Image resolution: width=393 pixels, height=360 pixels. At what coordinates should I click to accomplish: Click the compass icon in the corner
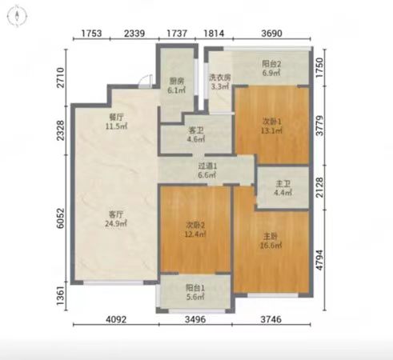click(x=17, y=16)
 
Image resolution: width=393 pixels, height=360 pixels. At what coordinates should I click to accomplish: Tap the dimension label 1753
click(x=91, y=34)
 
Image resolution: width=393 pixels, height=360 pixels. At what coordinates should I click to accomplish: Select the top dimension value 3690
click(x=271, y=34)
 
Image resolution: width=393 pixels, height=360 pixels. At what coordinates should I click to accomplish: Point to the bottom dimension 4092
click(x=116, y=319)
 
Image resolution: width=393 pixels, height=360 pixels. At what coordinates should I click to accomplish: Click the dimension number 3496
click(x=195, y=319)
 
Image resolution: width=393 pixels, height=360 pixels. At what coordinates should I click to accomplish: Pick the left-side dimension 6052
click(x=61, y=218)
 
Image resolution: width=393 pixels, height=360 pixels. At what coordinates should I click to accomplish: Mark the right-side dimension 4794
click(x=319, y=260)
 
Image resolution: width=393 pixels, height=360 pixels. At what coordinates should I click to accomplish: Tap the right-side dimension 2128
click(x=319, y=187)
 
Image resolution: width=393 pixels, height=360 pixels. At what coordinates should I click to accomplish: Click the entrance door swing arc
click(x=145, y=78)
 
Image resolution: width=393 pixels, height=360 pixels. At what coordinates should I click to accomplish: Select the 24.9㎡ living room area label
click(x=116, y=223)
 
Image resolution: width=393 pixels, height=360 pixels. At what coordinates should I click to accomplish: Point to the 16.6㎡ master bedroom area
click(x=271, y=246)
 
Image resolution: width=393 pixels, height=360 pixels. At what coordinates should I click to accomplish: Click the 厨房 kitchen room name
click(x=177, y=81)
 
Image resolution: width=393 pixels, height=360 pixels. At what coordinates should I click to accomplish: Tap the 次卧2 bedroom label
click(x=195, y=226)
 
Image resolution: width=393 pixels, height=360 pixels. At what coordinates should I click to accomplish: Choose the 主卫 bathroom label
click(x=283, y=183)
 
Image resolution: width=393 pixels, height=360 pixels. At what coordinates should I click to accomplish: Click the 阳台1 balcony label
click(x=195, y=288)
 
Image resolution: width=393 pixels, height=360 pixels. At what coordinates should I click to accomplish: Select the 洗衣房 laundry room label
click(x=220, y=78)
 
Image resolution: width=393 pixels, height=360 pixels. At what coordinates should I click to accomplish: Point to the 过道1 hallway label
click(x=207, y=166)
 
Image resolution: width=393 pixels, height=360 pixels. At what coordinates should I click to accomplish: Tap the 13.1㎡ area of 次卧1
click(x=271, y=130)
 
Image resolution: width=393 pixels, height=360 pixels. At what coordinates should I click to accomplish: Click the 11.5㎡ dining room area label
click(x=116, y=126)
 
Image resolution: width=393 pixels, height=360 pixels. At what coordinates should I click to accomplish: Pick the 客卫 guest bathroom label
click(x=195, y=130)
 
